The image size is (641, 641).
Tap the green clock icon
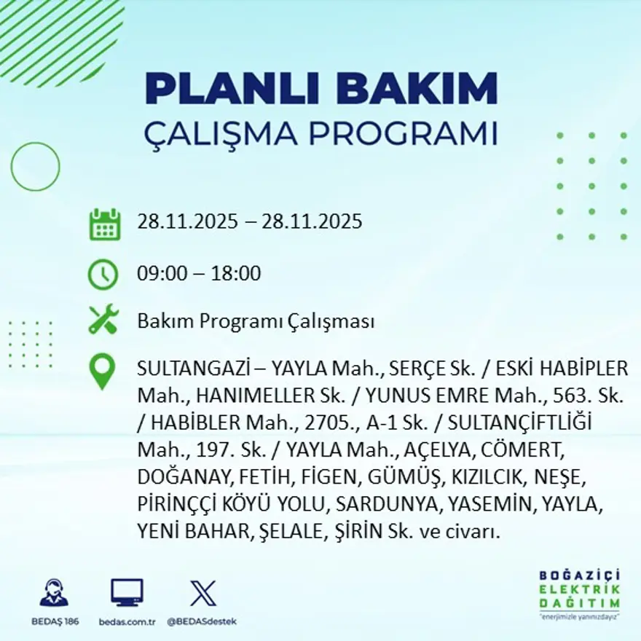(x=103, y=274)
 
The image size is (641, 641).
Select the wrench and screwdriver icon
(x=103, y=320)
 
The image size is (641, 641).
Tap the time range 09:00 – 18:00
(x=199, y=274)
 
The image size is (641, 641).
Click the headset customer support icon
(x=54, y=594)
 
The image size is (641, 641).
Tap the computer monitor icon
(x=127, y=593)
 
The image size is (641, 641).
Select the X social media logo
(x=202, y=593)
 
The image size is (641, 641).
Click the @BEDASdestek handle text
(x=202, y=621)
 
